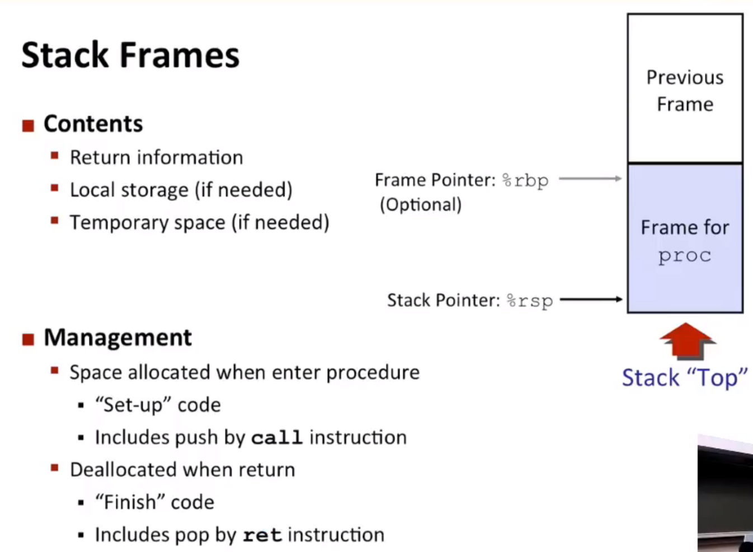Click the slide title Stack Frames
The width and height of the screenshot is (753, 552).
coord(130,55)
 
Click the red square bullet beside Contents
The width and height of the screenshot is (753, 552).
coord(28,126)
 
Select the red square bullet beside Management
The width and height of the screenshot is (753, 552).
coord(28,339)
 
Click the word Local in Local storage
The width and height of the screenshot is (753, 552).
coord(92,190)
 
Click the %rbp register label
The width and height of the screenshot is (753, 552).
coord(525,181)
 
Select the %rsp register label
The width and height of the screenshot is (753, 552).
coord(530,301)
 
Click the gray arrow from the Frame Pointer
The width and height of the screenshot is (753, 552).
coord(590,179)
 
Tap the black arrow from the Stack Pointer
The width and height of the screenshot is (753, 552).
coord(591,299)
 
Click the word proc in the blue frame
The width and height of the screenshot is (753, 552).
coord(685,256)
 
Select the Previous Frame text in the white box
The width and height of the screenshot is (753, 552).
coord(685,91)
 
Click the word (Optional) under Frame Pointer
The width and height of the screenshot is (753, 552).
coord(421,205)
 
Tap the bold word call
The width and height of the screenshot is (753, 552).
coord(277,438)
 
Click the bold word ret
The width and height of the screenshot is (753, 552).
coord(262,536)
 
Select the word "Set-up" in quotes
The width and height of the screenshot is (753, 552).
coord(134,405)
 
